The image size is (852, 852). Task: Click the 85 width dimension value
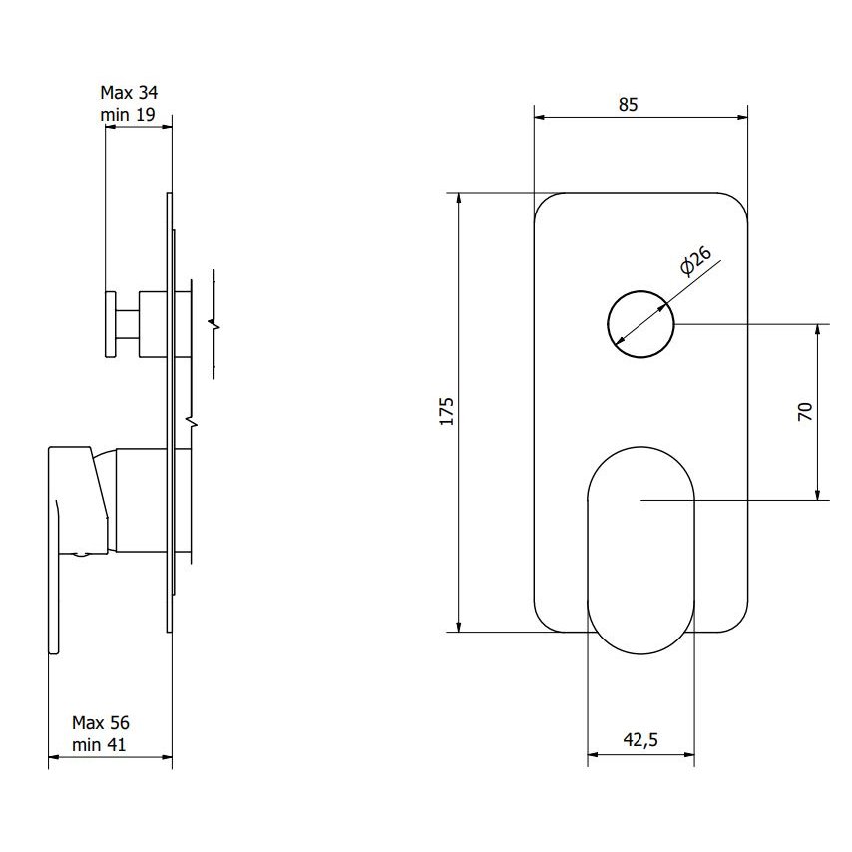coord(628,104)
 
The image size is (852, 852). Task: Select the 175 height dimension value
coord(447,411)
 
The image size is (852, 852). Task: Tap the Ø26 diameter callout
coord(695,260)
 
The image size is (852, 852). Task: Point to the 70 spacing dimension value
coord(805,411)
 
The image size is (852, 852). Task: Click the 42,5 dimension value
coord(640,739)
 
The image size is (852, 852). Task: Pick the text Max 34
coord(129,93)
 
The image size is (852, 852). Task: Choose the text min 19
coord(128,115)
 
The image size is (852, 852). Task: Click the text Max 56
coord(101,722)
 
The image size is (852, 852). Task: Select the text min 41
coord(99,745)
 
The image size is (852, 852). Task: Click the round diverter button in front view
coord(640,324)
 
